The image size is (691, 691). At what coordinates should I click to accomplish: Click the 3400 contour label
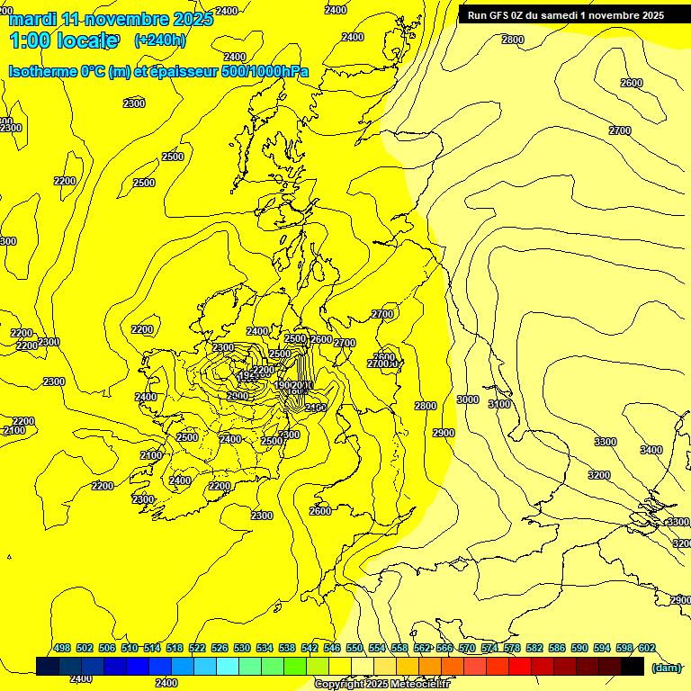(x=651, y=450)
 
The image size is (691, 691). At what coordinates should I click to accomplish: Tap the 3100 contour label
(x=499, y=404)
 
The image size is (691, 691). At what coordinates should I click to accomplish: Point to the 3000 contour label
(x=468, y=399)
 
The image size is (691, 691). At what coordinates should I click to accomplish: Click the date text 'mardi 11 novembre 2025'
(x=111, y=19)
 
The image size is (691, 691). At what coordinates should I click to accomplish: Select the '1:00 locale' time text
(x=63, y=40)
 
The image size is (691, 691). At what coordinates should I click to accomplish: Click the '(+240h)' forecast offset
(x=160, y=40)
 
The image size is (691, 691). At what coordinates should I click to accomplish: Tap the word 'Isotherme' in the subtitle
(x=42, y=72)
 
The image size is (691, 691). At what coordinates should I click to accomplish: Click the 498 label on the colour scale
(x=62, y=649)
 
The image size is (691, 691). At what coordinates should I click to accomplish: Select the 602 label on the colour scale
(x=647, y=649)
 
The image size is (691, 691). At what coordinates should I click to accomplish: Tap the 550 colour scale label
(x=354, y=649)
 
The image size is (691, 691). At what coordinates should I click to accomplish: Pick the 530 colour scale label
(x=242, y=649)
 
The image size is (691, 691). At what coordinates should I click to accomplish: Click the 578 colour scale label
(x=512, y=649)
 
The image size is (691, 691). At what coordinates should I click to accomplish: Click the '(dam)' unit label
(x=668, y=667)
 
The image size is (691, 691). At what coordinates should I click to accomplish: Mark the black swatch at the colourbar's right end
(x=633, y=666)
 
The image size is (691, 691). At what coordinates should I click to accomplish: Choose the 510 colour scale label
(x=130, y=649)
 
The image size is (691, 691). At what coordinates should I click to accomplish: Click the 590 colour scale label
(x=579, y=649)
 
